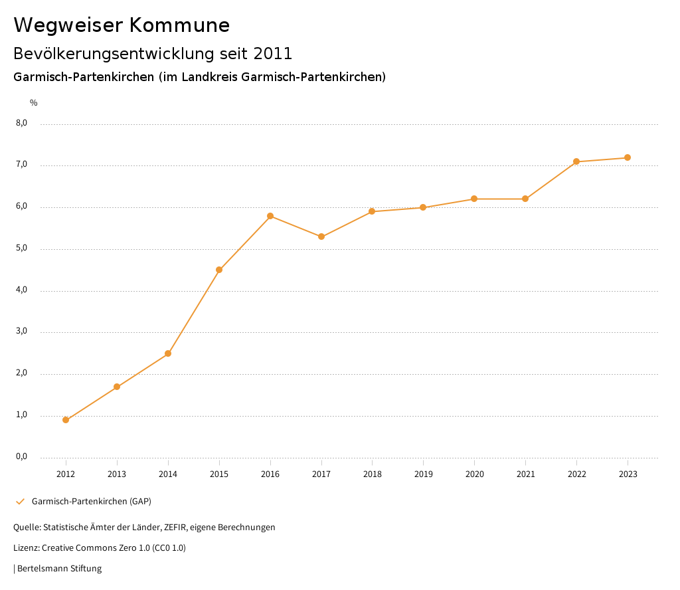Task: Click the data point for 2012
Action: [66, 420]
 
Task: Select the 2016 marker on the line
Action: [270, 216]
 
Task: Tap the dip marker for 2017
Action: [321, 237]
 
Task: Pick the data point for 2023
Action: [628, 157]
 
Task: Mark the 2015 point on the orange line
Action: [219, 270]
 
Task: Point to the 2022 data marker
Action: [576, 161]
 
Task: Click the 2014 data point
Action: [168, 353]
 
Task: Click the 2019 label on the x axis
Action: [424, 474]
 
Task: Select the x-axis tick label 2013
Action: [117, 474]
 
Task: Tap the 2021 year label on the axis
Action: [526, 474]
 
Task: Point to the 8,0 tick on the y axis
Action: [21, 123]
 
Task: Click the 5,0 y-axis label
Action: [21, 248]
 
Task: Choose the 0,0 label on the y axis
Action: [21, 456]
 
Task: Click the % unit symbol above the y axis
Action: [34, 103]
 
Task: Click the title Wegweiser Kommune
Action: [122, 25]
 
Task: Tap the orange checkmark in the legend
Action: [20, 501]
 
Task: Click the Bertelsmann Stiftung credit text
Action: [59, 569]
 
